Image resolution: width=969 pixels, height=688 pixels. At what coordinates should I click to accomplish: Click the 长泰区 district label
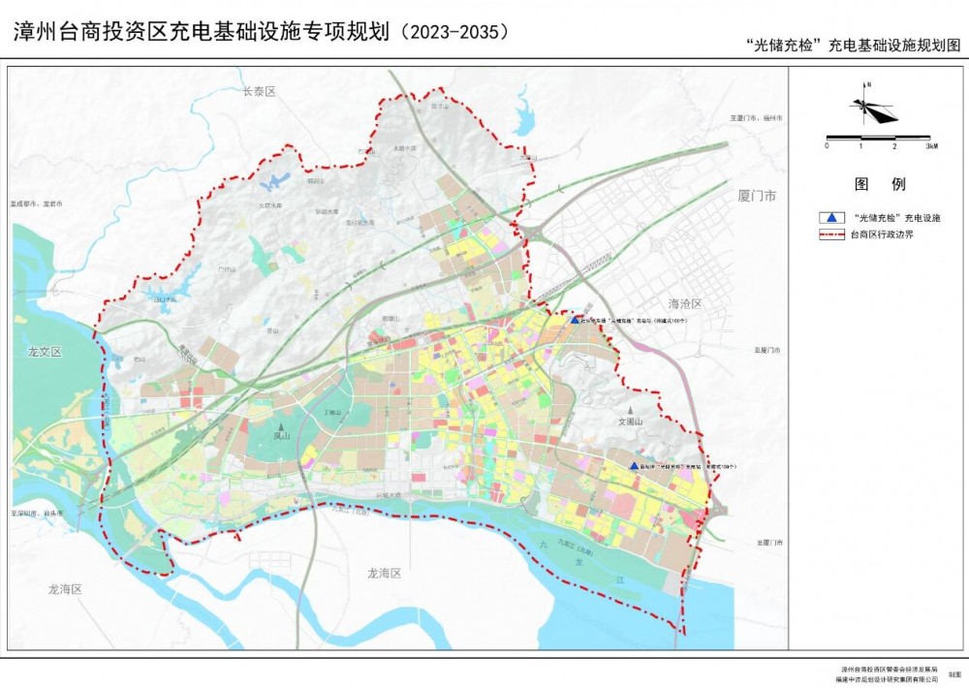tap(259, 91)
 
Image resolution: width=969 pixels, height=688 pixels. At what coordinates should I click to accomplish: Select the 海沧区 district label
tap(683, 303)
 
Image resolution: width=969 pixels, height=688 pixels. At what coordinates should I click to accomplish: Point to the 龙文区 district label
tap(45, 352)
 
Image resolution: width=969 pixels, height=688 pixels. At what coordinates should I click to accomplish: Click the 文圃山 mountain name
tap(631, 422)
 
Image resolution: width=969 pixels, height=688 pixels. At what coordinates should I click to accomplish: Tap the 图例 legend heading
tap(879, 183)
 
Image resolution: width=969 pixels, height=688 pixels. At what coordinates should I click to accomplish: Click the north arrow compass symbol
tap(872, 108)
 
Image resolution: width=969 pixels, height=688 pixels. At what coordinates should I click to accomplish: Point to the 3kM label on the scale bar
tap(929, 145)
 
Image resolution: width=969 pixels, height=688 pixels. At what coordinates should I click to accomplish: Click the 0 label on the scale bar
tap(827, 145)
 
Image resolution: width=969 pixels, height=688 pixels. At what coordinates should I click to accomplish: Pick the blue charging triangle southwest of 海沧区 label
tap(575, 319)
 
